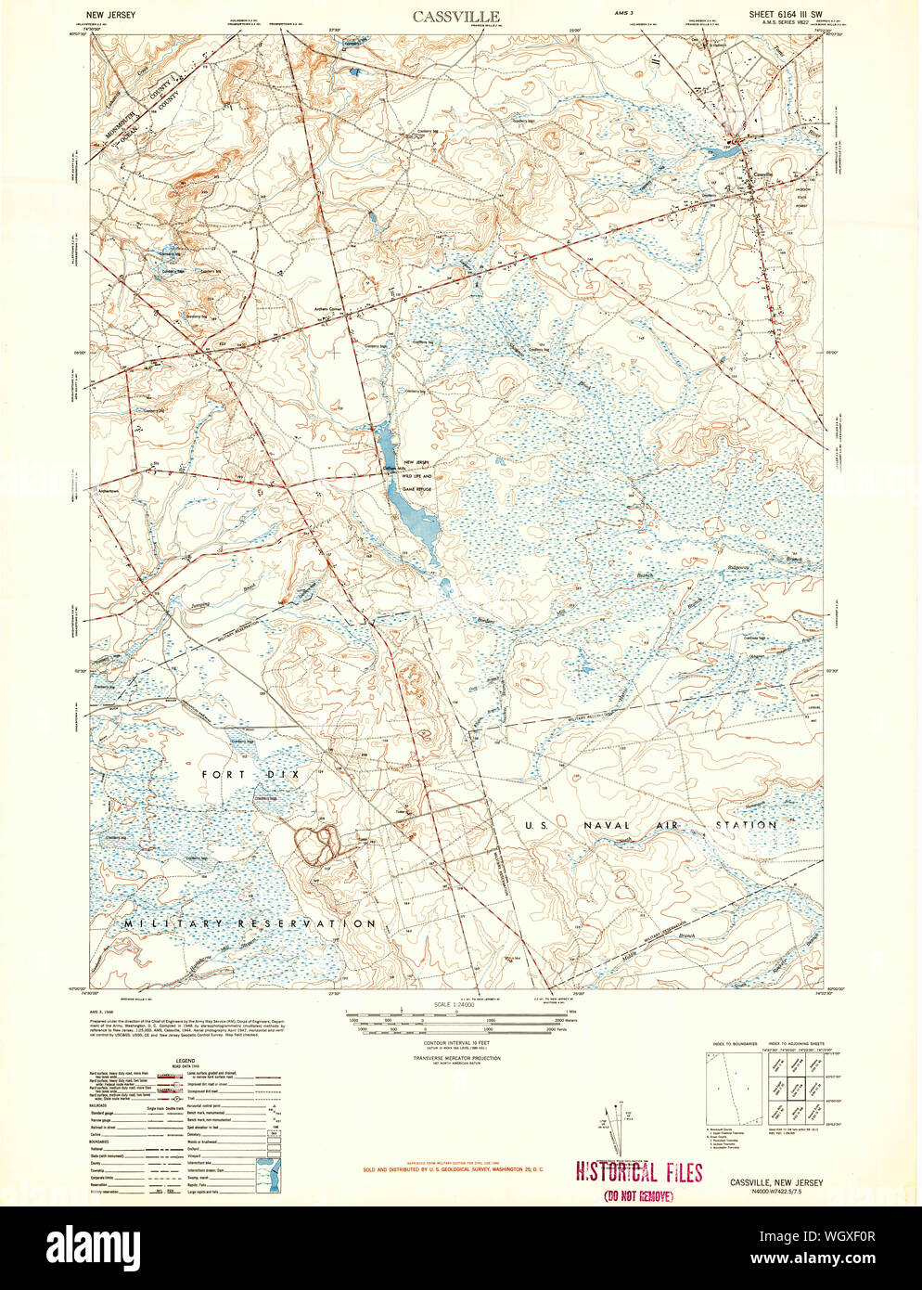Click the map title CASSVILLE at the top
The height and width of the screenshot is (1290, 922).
pos(455,16)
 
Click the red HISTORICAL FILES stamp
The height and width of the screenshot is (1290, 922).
pos(639,1172)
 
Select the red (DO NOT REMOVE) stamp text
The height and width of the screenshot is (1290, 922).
pos(638,1196)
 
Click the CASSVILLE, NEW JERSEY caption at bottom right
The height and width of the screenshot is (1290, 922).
pos(775,1182)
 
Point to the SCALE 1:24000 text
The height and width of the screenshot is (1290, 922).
pos(455,1005)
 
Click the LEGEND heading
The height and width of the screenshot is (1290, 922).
pos(186,1060)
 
